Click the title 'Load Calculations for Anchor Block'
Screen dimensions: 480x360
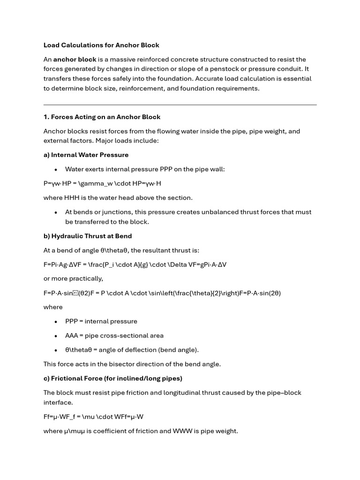pos(101,45)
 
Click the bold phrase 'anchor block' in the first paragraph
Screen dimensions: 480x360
pos(75,60)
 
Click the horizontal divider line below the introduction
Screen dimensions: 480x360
pos(180,105)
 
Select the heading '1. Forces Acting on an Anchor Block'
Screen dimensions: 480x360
pos(102,117)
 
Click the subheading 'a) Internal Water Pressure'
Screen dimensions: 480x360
pos(86,155)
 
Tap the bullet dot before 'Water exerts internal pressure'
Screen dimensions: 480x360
pos(56,169)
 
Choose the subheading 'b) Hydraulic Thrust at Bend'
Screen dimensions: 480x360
pos(88,236)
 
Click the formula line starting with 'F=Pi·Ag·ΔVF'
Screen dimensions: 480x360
pos(135,264)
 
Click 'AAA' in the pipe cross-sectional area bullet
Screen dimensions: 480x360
pos(73,336)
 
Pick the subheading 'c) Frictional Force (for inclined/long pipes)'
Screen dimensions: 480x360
pos(113,378)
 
